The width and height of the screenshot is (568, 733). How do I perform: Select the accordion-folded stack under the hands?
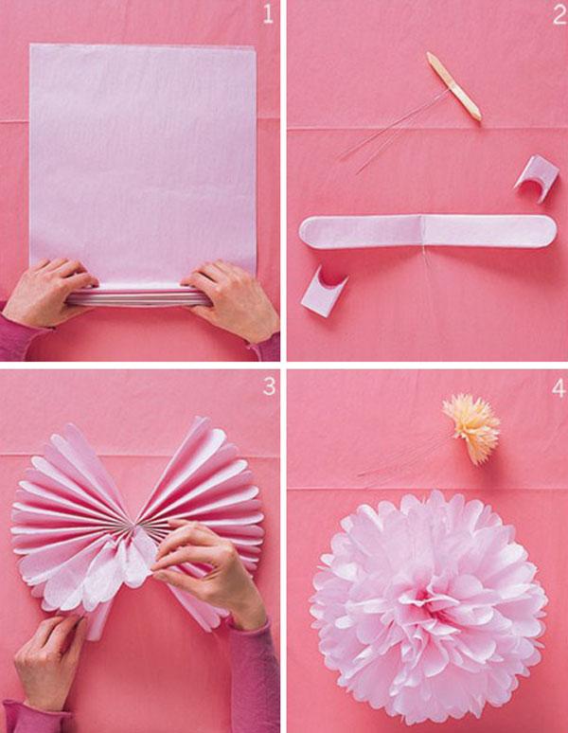point(137,295)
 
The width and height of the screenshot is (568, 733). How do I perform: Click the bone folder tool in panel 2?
point(453,86)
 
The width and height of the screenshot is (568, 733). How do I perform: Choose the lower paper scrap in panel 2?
point(324,291)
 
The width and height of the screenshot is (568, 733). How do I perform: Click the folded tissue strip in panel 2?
point(426,230)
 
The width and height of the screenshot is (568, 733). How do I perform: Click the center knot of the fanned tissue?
point(138,522)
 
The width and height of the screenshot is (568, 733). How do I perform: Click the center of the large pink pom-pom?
point(426,606)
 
